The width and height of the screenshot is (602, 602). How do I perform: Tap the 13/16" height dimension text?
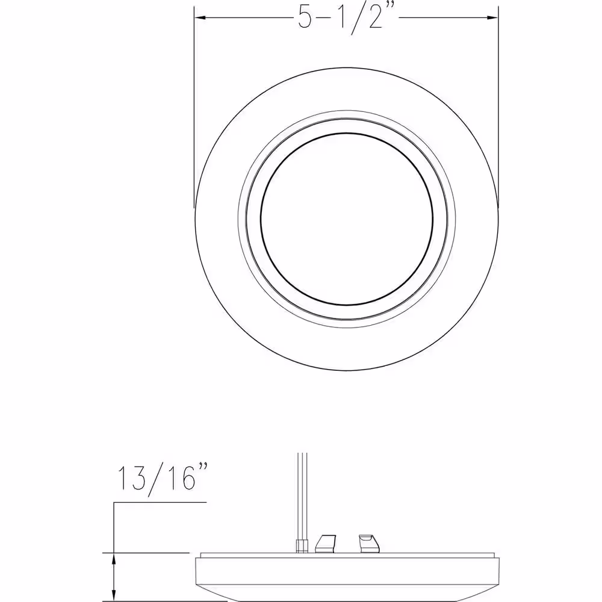163,479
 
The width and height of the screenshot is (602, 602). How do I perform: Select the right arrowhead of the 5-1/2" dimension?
492,17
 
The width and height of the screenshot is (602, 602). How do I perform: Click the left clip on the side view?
325,544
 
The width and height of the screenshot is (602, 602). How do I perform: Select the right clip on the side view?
369,544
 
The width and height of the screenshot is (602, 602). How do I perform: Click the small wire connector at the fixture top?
303,546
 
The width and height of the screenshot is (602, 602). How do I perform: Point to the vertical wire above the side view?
303,497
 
